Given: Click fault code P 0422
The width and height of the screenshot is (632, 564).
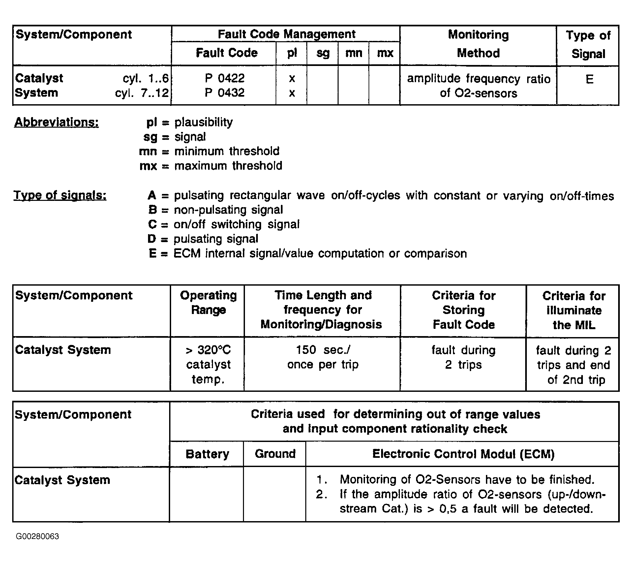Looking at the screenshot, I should (225, 78).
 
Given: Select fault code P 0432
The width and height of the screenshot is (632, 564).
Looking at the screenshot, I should (225, 93).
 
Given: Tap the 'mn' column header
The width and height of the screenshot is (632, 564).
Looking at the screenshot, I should (353, 53).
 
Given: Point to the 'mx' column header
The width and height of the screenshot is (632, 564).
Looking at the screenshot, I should (385, 53).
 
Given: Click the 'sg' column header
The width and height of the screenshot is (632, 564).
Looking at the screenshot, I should (322, 53).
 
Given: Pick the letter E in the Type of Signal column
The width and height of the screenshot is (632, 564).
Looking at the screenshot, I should (589, 79).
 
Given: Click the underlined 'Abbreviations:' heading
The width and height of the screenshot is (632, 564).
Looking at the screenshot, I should (56, 122).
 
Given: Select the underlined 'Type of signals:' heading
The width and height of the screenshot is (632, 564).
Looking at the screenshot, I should (60, 196).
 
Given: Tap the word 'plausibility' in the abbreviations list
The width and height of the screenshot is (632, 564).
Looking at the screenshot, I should (203, 122).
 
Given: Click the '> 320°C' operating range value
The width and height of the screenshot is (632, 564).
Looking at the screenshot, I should (208, 350).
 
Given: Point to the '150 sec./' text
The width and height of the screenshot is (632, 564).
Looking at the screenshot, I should (323, 350).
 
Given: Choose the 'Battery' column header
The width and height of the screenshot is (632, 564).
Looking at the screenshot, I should (207, 454).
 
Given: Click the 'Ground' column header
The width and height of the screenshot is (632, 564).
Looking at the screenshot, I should (275, 454).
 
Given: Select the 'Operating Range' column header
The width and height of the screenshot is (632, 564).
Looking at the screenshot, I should (208, 303).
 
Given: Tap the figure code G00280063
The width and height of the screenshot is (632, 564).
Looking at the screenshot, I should (37, 537).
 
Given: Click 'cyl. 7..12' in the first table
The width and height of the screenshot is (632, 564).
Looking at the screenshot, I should (142, 93).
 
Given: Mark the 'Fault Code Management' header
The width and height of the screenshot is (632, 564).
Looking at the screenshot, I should (286, 34).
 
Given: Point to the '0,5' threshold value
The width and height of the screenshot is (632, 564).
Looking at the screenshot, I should (448, 509).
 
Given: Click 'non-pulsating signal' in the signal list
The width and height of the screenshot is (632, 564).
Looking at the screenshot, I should (228, 210).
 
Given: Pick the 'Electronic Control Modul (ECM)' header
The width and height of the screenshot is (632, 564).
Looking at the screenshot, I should (463, 454).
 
